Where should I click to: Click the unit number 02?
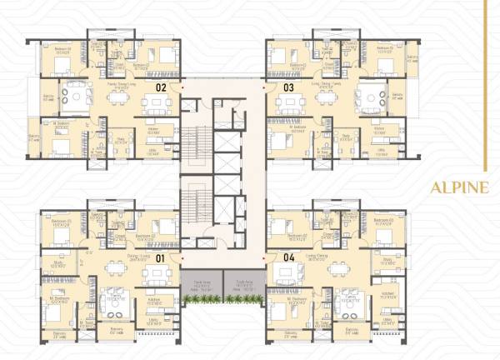click(x=162, y=86)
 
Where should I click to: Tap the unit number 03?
click(x=288, y=86)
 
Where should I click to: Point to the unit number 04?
click(x=289, y=258)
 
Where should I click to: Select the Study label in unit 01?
click(x=57, y=266)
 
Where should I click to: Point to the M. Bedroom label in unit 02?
click(x=61, y=126)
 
